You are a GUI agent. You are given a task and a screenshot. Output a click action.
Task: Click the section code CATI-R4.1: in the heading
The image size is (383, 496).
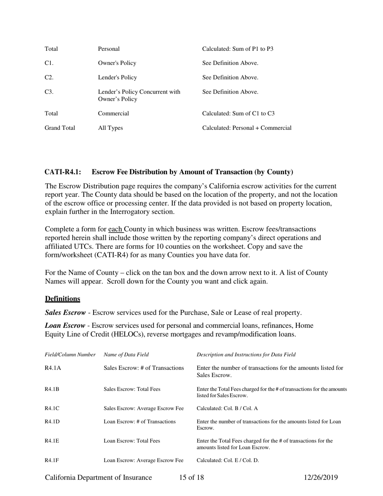coord(63,172)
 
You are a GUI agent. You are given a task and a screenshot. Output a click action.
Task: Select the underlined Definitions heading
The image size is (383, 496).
coord(62,299)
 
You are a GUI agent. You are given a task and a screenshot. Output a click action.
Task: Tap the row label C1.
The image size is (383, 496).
coord(49,63)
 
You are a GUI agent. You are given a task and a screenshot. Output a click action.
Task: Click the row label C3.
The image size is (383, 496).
coord(49,92)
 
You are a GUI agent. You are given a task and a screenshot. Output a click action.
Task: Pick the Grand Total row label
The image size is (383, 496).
coord(60,128)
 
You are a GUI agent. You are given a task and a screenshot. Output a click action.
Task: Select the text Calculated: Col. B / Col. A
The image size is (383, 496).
coord(227,408)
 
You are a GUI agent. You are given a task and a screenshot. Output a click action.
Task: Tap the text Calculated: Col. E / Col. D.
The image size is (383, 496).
coord(227,460)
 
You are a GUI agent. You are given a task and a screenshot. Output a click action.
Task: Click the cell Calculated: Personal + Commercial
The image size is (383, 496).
coord(247,128)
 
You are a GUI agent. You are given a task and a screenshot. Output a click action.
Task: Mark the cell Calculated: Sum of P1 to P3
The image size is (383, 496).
coord(237,49)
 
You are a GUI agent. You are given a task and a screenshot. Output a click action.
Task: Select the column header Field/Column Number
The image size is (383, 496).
coord(70,355)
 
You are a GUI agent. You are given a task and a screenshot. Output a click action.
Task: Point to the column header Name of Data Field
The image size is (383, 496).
coord(126,355)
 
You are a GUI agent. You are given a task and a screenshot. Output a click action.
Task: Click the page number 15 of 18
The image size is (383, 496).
coord(191,478)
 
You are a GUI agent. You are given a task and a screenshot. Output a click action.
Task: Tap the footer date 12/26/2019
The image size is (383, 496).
coord(321,478)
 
